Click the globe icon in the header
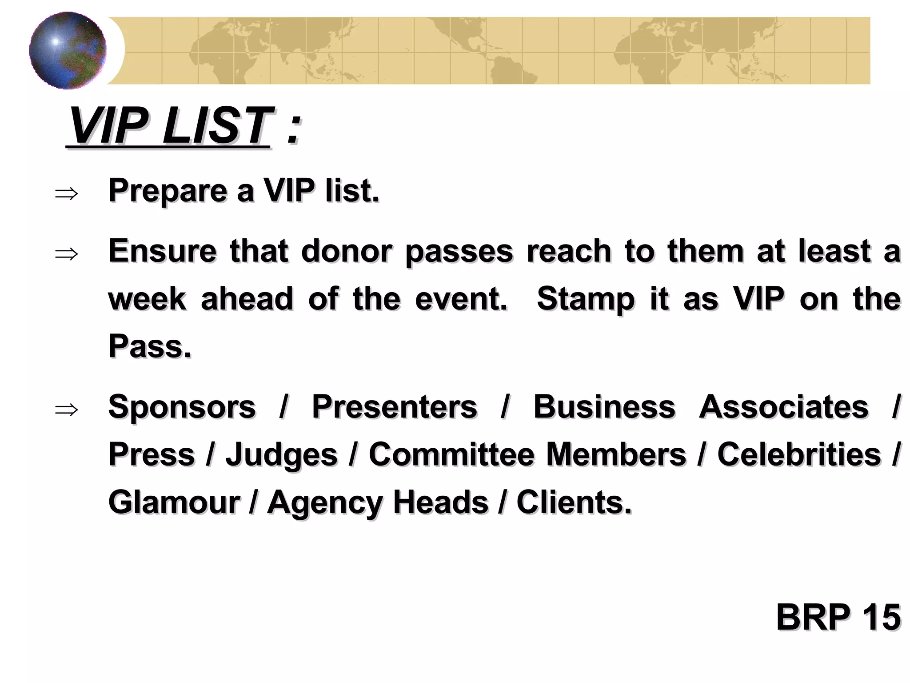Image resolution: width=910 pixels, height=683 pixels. [68, 50]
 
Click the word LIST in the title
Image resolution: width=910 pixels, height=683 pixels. [216, 126]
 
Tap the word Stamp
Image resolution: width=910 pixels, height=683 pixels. [586, 300]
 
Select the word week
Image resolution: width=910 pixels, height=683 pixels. [147, 299]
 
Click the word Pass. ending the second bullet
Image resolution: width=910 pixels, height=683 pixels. [150, 346]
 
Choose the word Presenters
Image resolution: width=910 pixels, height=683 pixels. [395, 407]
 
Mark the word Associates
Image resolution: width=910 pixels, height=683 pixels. [783, 407]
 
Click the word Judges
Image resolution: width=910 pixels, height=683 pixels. [282, 455]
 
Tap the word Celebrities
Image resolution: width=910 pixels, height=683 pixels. [799, 454]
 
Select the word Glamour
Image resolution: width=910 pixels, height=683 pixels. [174, 502]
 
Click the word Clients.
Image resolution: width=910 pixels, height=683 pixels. [574, 502]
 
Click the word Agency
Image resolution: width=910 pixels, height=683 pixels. [325, 503]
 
